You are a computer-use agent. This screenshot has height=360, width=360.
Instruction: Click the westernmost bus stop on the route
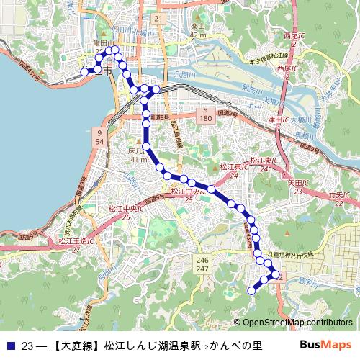click(x=84, y=71)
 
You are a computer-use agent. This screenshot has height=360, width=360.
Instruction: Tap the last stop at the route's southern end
click(x=252, y=290)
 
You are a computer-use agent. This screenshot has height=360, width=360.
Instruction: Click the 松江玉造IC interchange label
click(x=72, y=240)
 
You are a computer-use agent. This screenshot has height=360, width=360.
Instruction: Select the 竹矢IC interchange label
click(x=336, y=195)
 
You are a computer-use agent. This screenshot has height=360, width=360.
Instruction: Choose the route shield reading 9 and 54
click(x=97, y=138)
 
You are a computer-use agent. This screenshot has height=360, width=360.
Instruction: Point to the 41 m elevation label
click(x=137, y=160)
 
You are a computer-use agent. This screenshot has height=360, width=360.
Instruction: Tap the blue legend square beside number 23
click(x=11, y=346)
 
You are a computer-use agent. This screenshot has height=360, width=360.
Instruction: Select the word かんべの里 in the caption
click(x=236, y=346)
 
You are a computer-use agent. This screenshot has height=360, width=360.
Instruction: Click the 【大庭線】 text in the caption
click(x=77, y=346)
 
